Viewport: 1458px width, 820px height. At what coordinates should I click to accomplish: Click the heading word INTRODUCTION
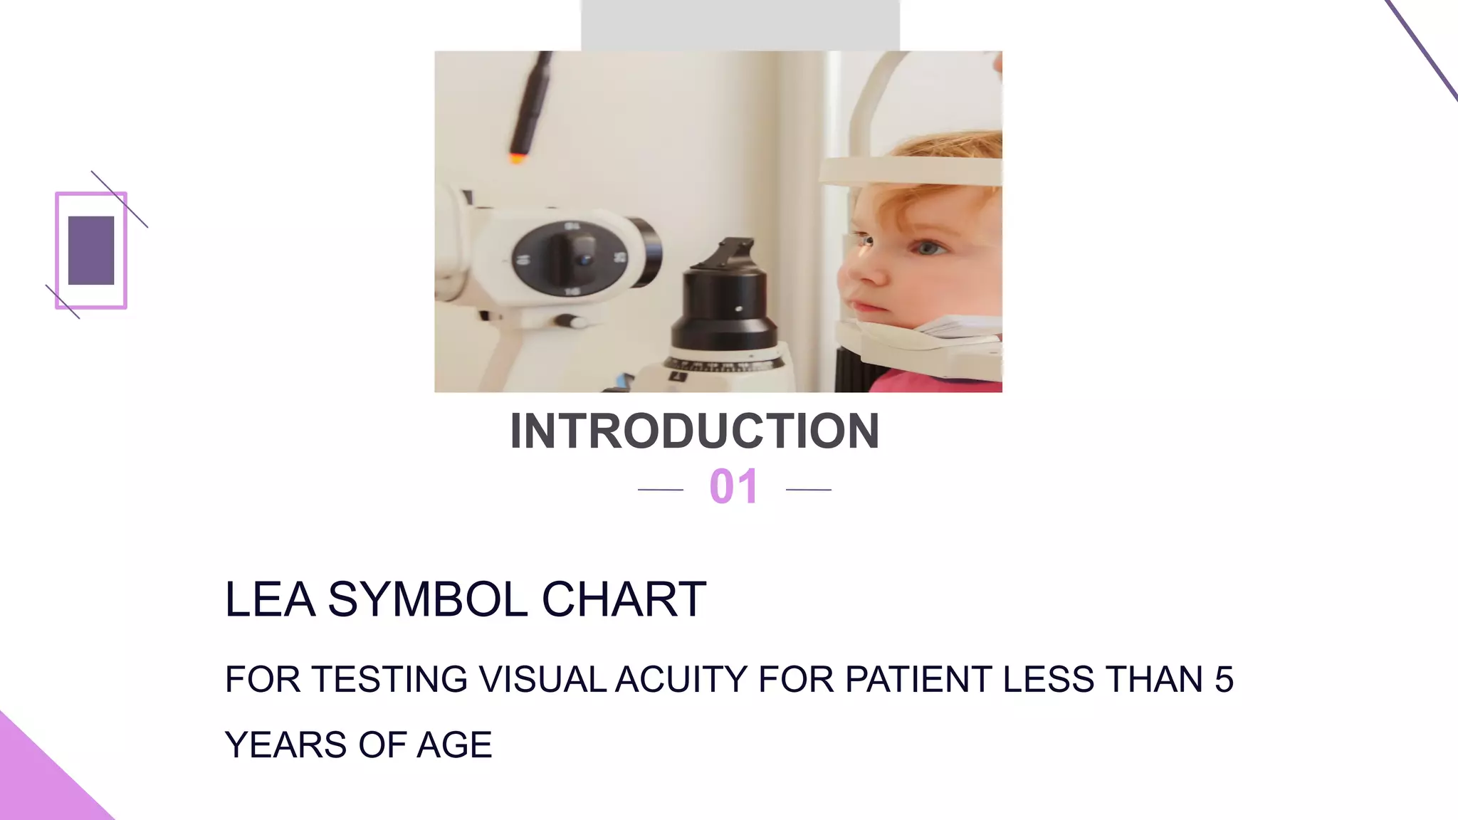695,431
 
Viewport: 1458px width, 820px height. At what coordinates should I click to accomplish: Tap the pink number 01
734,488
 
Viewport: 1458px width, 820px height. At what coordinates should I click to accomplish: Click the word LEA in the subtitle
270,599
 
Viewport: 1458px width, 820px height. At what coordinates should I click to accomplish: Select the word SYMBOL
427,599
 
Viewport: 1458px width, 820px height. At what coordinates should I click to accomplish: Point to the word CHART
624,599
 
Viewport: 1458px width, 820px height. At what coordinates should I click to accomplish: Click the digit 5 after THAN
1224,679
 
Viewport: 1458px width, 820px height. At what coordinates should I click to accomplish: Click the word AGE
454,745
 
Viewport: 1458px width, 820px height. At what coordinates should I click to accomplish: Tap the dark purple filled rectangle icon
91,251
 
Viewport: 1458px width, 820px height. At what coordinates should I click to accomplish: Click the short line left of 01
660,490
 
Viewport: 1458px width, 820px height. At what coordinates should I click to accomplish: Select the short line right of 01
809,490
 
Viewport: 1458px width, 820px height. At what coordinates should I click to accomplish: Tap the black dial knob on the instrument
574,258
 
